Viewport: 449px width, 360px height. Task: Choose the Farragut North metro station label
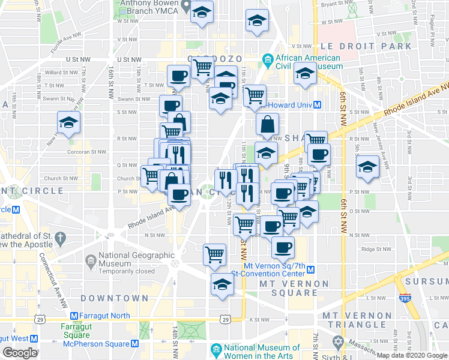point(101,316)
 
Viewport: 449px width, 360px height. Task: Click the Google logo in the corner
point(20,353)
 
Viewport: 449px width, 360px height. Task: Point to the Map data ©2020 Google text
point(412,356)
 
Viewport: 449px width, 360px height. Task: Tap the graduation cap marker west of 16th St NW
point(68,122)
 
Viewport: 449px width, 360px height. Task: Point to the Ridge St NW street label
point(367,249)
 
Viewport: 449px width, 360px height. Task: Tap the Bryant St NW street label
point(324,4)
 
